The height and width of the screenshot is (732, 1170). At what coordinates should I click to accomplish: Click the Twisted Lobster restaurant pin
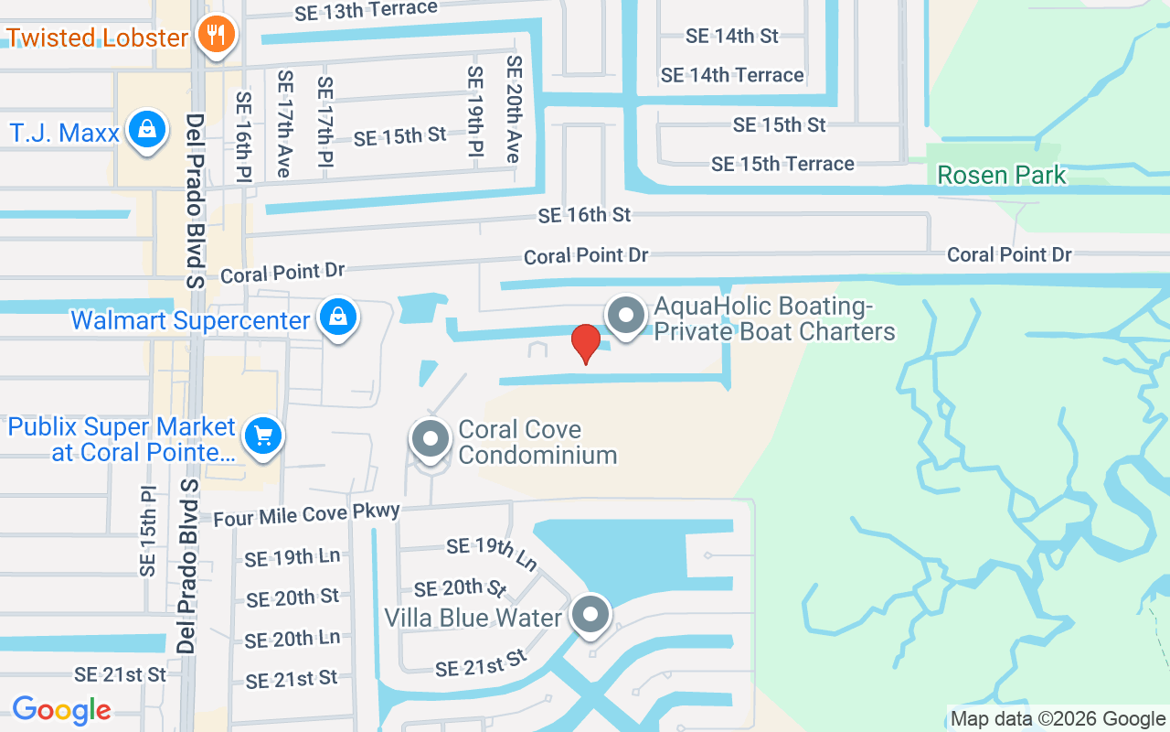(216, 36)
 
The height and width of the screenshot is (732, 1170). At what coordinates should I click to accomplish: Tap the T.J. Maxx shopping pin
(146, 130)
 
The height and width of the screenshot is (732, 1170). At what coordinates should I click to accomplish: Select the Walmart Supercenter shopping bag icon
(337, 318)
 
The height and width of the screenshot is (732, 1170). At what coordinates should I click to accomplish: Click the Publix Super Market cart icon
(263, 435)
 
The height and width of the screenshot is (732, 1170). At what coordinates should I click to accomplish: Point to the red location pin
(585, 343)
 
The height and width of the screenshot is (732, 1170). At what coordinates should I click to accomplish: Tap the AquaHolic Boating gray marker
(626, 316)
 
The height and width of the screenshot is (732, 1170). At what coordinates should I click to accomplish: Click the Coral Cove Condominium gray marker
(430, 438)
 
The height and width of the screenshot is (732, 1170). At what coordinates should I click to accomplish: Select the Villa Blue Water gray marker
(590, 615)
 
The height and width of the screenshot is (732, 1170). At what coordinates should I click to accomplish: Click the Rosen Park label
(1002, 175)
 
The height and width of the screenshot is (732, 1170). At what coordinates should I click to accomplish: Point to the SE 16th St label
(584, 215)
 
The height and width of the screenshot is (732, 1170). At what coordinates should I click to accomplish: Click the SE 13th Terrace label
(366, 11)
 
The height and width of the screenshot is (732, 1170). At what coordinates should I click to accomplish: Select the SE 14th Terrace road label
(732, 75)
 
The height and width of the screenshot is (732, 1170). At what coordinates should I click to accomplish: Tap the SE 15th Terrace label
(782, 164)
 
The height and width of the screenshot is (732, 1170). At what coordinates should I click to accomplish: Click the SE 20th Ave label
(514, 110)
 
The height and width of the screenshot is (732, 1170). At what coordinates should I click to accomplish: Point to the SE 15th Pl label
(148, 531)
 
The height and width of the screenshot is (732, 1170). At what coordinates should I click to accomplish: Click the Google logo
(61, 709)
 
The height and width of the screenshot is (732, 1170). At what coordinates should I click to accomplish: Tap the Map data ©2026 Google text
(1058, 719)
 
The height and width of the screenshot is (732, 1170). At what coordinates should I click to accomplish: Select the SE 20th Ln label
(292, 639)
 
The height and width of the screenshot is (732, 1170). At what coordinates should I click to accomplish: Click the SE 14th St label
(732, 36)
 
